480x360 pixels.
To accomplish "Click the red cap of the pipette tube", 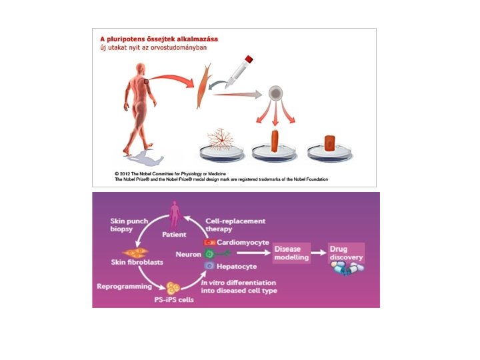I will tap(248, 59).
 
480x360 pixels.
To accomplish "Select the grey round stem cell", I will tap(276, 93).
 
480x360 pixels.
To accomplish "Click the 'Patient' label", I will tap(175, 235).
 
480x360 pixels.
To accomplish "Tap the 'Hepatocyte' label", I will tap(237, 266).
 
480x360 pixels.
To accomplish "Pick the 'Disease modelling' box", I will tap(291, 253).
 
